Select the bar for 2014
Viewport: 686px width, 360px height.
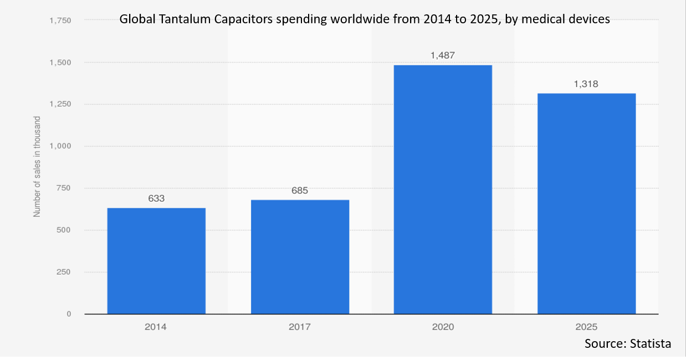click(156, 261)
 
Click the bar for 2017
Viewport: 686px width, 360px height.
click(300, 257)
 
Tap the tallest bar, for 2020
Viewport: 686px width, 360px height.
click(443, 189)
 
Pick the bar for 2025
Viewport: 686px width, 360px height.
click(586, 204)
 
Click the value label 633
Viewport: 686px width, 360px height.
click(156, 198)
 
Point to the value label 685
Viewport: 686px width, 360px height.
click(300, 191)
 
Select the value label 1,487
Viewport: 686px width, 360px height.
click(443, 55)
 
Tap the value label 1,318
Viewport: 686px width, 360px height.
click(586, 84)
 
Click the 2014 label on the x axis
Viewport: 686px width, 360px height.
click(156, 327)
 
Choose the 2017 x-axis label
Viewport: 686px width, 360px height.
click(300, 327)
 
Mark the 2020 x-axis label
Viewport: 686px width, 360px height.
click(443, 327)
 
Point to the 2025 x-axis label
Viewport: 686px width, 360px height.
click(586, 327)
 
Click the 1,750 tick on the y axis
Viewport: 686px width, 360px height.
click(60, 20)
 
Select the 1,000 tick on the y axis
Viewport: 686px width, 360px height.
click(60, 146)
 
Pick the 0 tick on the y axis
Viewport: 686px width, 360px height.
click(69, 314)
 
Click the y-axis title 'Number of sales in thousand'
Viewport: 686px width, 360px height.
click(37, 166)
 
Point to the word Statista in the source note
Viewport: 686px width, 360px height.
click(651, 343)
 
